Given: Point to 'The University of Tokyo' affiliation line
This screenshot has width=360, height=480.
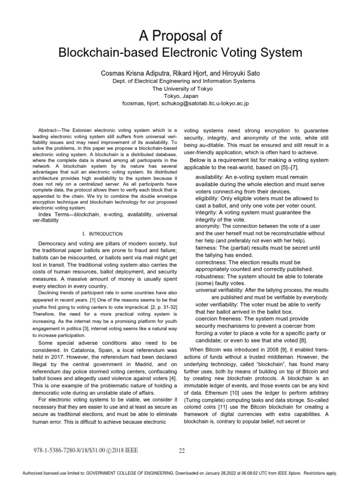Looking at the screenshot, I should point(180,88).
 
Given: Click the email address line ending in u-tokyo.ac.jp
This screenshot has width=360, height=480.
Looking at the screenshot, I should point(180,103).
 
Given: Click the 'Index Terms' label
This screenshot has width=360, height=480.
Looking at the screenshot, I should point(52,215).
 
